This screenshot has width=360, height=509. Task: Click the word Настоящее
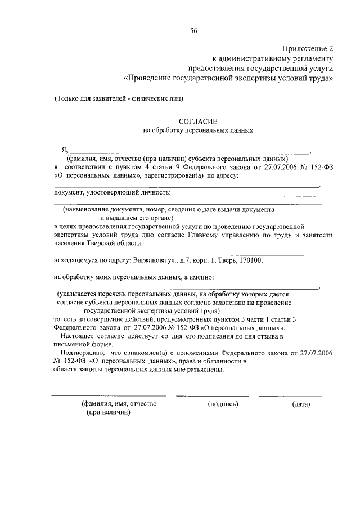click(x=80, y=336)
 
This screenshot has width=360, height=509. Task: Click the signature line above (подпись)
click(x=212, y=396)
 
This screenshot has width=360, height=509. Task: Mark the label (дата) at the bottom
click(x=301, y=404)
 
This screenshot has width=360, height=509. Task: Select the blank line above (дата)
click(x=290, y=396)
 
